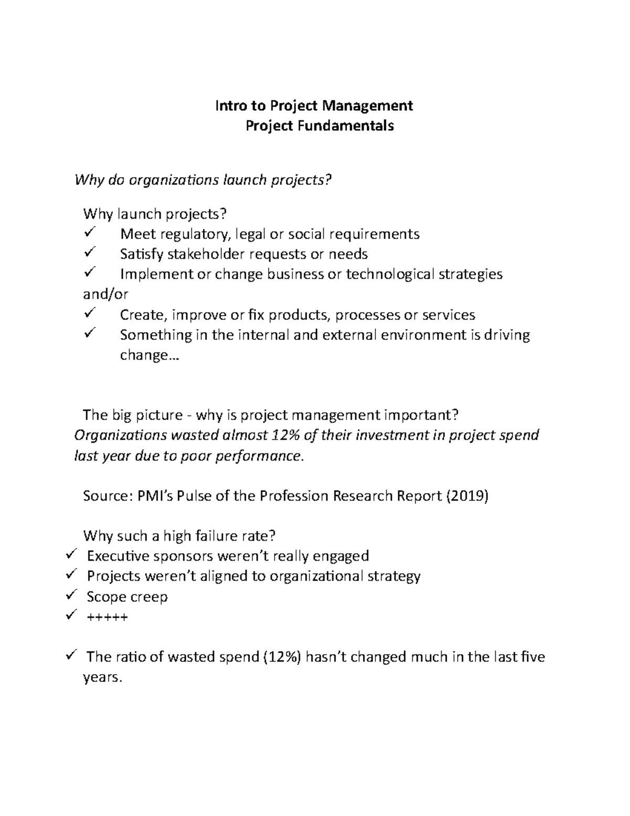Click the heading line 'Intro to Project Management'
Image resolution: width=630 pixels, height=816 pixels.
tap(314, 106)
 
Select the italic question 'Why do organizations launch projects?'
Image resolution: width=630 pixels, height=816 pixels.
tap(204, 180)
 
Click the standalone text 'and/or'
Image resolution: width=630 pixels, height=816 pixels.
tap(106, 294)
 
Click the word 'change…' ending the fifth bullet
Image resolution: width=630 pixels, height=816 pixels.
tap(149, 355)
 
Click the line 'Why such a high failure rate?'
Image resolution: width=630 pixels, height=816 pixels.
tap(179, 536)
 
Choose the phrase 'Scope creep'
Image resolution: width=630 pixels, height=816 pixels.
tap(127, 597)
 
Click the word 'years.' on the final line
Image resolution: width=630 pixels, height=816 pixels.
tap(102, 678)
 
